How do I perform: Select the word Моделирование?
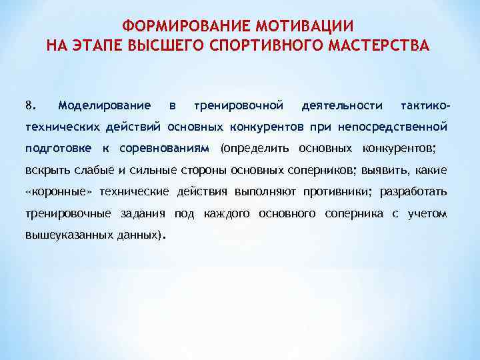click(x=103, y=105)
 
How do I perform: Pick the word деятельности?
click(x=342, y=105)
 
